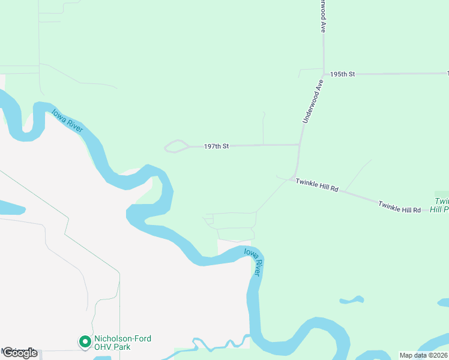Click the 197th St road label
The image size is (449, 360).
click(217, 146)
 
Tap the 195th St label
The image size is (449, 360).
click(343, 74)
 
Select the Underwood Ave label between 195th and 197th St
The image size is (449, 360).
click(313, 103)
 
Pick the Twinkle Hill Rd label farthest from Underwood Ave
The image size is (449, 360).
click(399, 207)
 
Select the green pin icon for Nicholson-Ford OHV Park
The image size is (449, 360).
click(85, 342)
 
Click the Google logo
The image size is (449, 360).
click(20, 353)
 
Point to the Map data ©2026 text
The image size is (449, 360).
click(424, 355)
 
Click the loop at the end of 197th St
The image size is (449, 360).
click(176, 146)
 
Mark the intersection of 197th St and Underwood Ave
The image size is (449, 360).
click(299, 145)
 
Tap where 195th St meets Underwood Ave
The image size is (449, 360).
click(324, 74)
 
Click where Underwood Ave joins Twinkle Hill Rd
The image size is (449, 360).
click(294, 176)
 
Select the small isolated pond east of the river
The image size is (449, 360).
click(351, 299)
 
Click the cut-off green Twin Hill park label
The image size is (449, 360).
click(442, 205)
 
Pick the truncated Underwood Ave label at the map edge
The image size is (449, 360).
click(323, 16)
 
